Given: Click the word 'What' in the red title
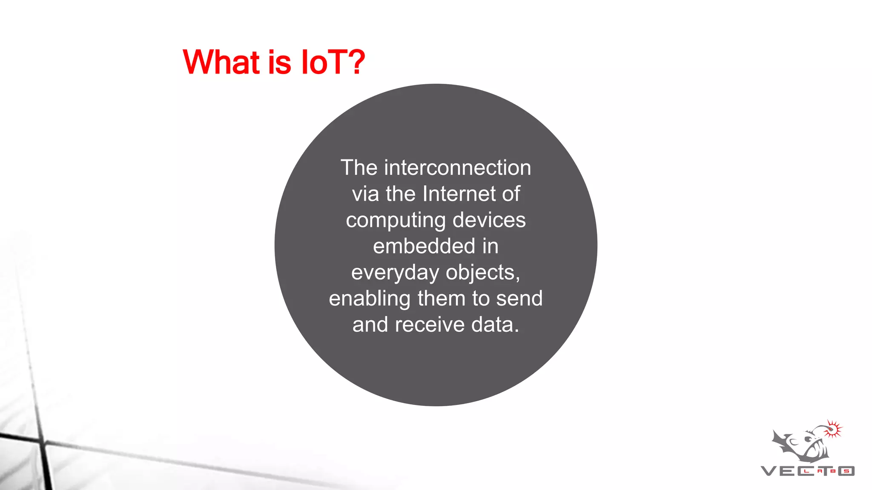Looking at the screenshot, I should pos(221,62).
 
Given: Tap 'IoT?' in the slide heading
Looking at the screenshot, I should pos(333,62).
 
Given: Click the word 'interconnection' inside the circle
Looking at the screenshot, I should pos(457,168).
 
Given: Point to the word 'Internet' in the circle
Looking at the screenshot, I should pos(459,194).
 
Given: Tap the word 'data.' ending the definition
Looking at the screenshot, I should pos(495,325).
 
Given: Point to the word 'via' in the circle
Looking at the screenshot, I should pos(365,194).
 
